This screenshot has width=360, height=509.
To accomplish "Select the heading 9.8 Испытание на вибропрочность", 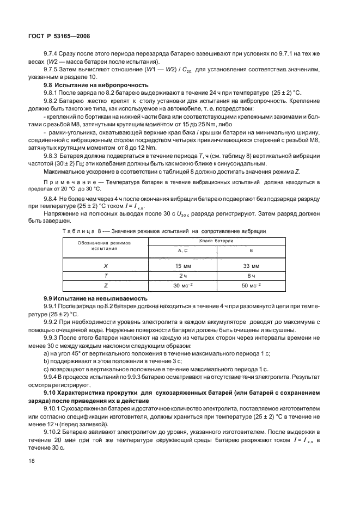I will (96, 85).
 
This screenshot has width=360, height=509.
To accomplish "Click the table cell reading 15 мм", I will (182, 266).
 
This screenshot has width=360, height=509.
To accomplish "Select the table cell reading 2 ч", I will (182, 275).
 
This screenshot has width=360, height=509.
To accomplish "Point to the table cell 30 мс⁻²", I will (182, 285).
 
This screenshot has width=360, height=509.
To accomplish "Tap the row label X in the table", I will (106, 266).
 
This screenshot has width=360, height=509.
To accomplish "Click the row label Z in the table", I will (106, 285).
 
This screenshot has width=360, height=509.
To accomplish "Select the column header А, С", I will (182, 250).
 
